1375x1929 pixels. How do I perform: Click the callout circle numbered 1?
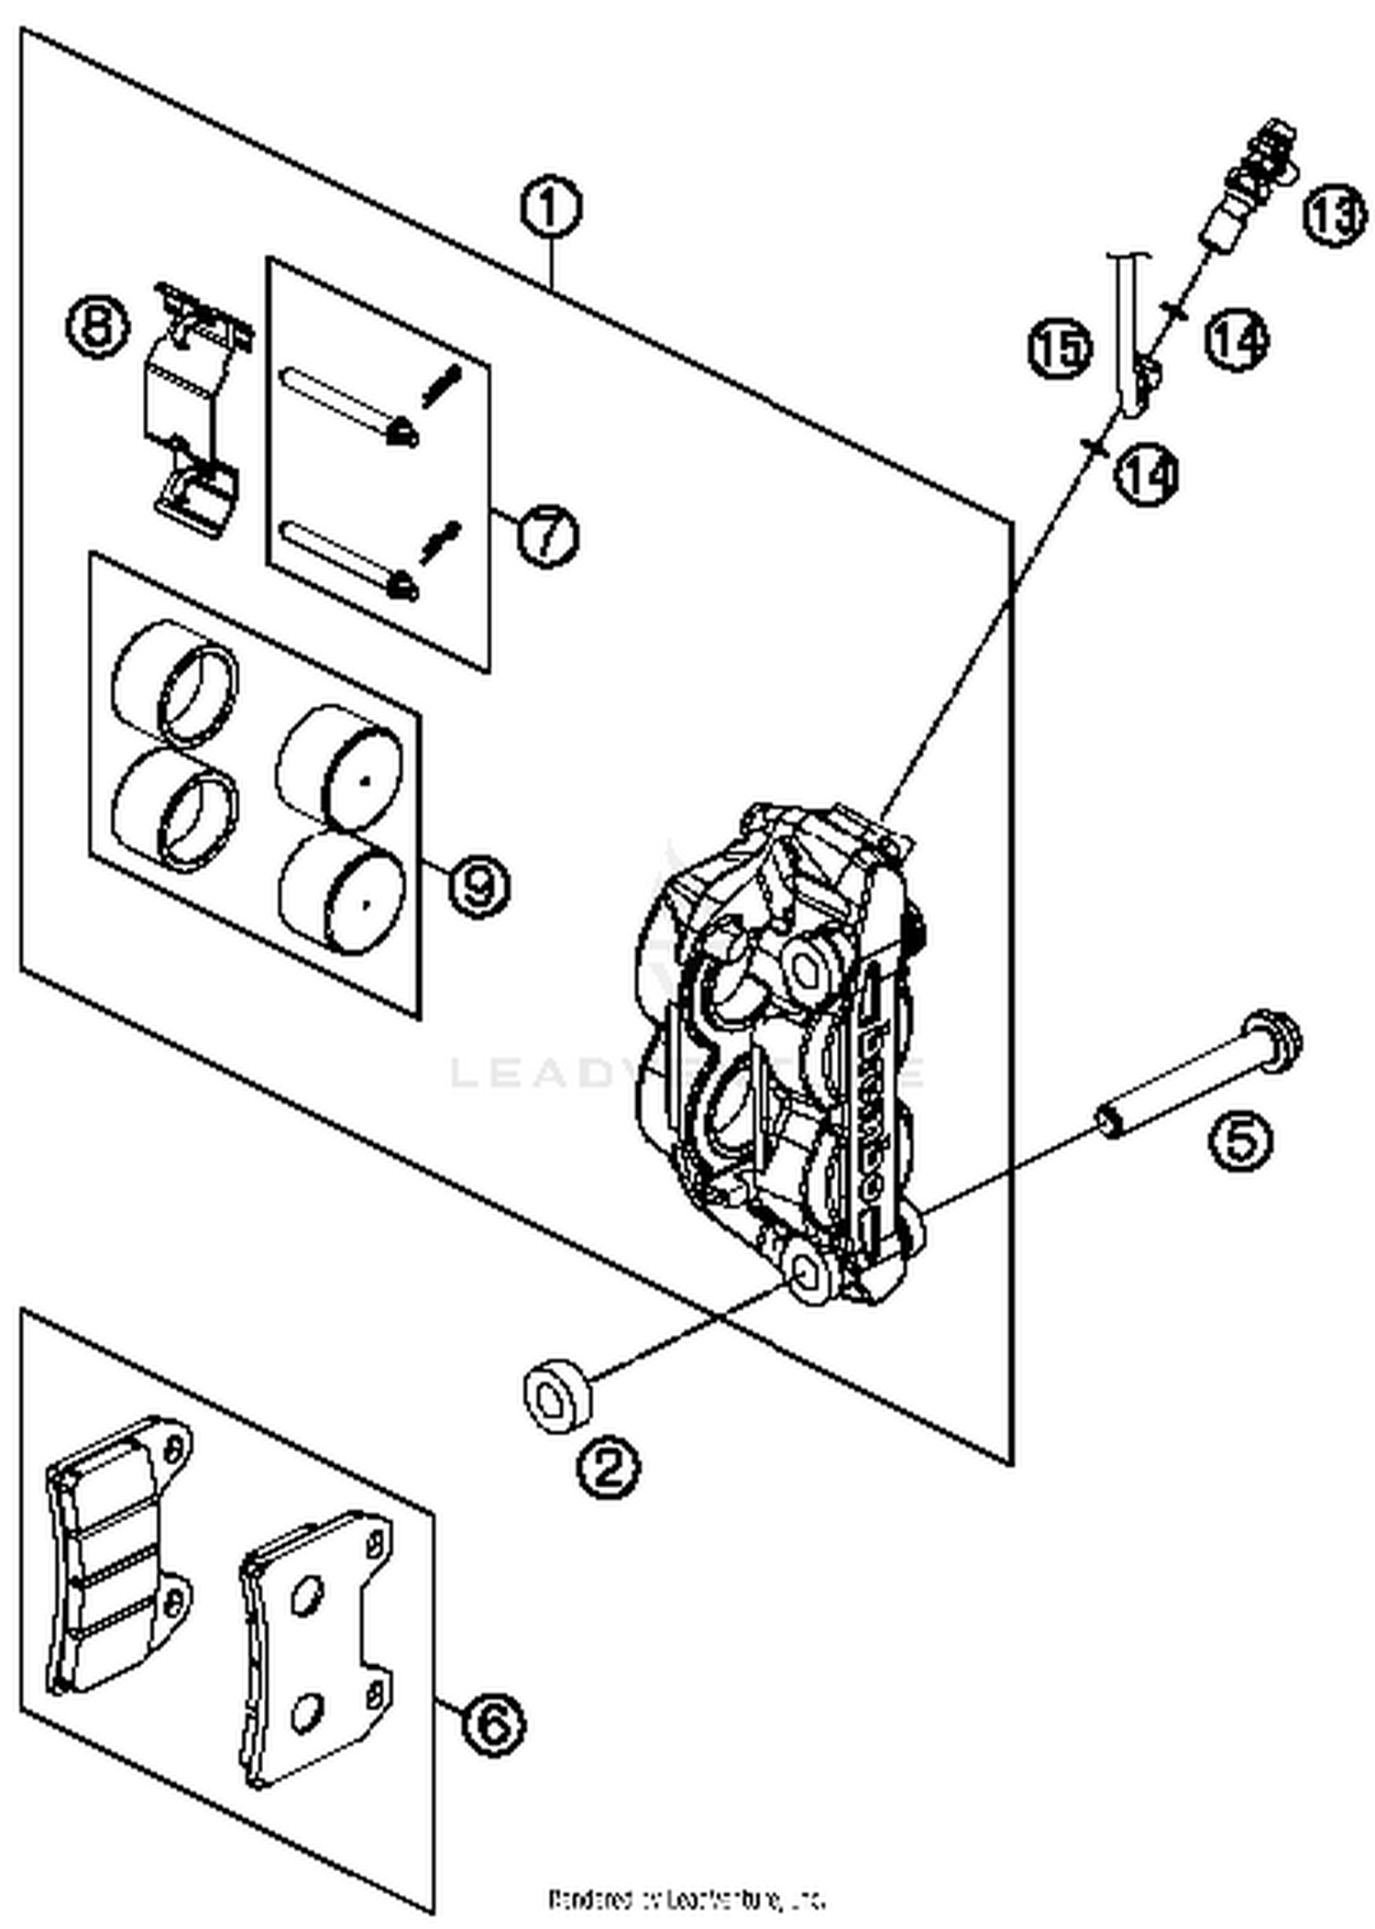550,208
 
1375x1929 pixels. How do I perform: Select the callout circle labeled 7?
546,535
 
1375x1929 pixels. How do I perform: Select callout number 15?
1059,347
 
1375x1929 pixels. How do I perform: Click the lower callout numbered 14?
1146,474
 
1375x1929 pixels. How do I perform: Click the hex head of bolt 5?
1274,1042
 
